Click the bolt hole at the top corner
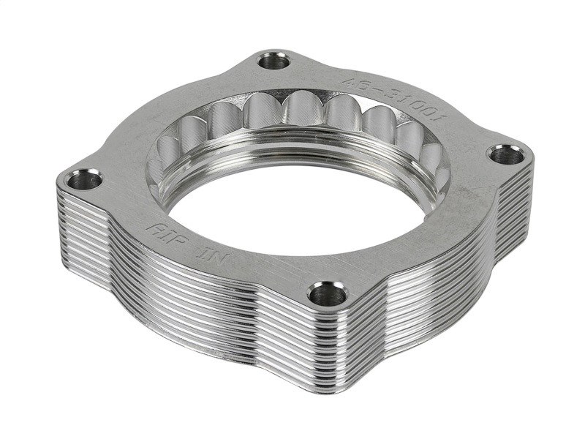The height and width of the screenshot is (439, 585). (274, 61)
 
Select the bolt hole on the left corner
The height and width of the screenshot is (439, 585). (85, 179)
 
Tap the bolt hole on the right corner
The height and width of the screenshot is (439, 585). (506, 154)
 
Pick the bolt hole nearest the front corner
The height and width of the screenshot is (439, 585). (327, 294)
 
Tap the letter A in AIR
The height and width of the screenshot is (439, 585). (153, 228)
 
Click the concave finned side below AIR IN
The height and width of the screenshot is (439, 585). (183, 293)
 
